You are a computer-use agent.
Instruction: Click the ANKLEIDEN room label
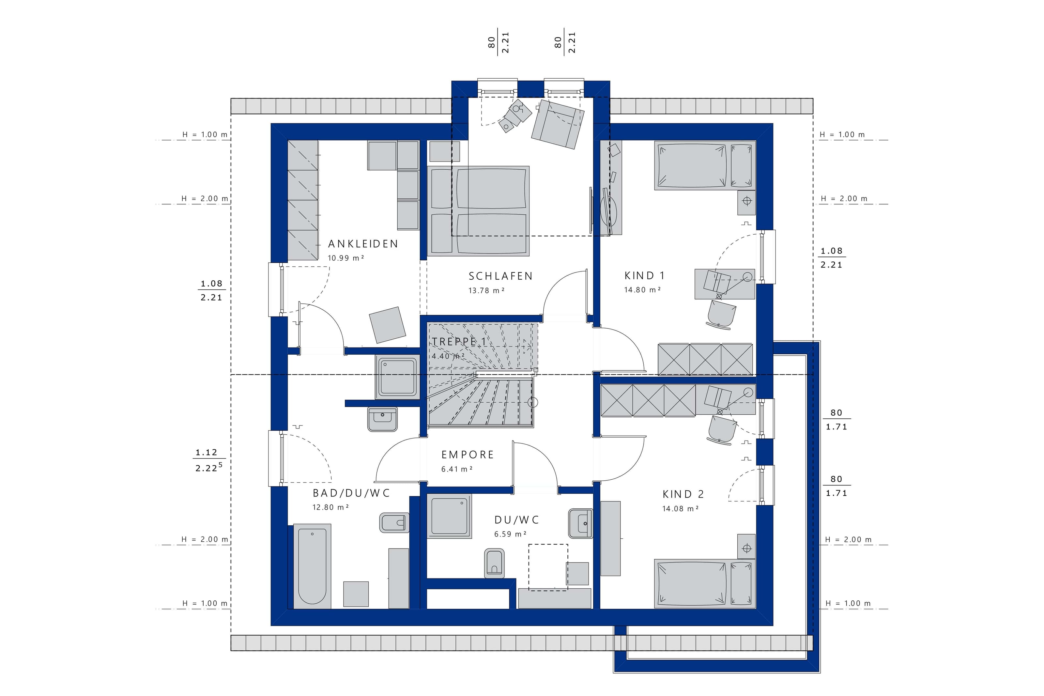coord(363,244)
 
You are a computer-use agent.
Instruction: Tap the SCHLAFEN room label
coord(500,276)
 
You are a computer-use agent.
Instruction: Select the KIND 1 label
coord(644,276)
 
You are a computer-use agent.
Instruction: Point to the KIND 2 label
coord(683,494)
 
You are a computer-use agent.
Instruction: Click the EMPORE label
coord(468,455)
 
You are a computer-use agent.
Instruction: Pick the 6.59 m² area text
coord(510,534)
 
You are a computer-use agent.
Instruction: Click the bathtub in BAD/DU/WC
coord(312,565)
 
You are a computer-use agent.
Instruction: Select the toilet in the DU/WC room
coord(494,564)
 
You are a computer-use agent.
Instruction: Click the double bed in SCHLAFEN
coord(478,211)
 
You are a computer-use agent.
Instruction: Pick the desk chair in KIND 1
coord(721,314)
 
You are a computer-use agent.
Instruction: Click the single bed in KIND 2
coord(705,583)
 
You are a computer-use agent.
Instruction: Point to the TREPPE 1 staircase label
coord(459,342)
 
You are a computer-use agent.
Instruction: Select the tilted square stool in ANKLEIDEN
coord(387,325)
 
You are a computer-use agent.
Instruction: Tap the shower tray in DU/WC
coord(450,516)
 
